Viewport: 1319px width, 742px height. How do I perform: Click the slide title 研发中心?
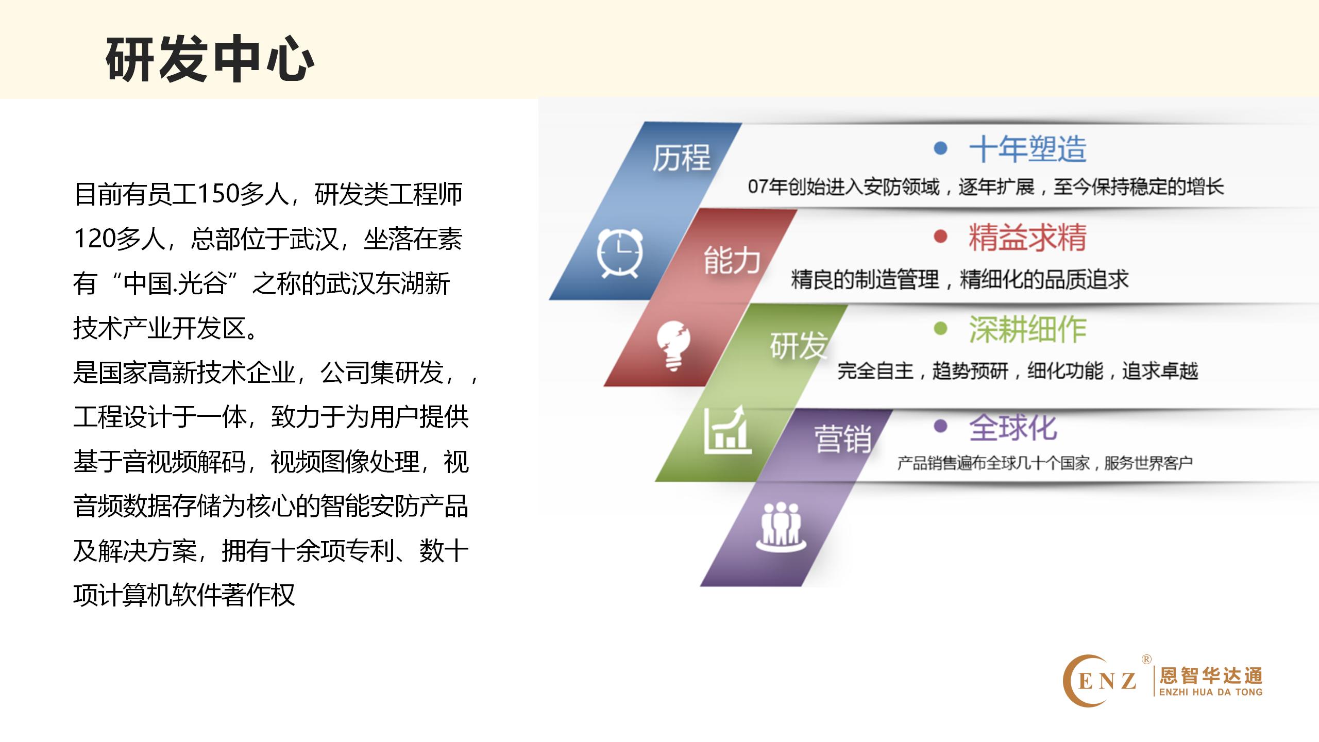[x=210, y=59]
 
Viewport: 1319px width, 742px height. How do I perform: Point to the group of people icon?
[x=781, y=525]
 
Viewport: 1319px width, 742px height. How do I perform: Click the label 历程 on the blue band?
[x=682, y=157]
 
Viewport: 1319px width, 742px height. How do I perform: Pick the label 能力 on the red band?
[x=732, y=260]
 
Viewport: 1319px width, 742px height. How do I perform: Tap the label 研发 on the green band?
[x=799, y=345]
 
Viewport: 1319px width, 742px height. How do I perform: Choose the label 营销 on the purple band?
[x=843, y=440]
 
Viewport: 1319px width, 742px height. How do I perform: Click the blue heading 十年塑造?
[x=1027, y=149]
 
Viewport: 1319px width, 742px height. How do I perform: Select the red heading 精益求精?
[x=1027, y=238]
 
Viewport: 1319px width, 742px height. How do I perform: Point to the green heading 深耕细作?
[x=1027, y=329]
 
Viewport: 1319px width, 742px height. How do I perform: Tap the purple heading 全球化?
[x=1013, y=427]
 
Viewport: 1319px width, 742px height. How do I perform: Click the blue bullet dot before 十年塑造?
[x=941, y=148]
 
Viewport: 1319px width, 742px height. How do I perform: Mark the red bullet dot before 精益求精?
[x=941, y=237]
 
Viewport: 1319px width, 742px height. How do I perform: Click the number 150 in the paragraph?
[x=218, y=194]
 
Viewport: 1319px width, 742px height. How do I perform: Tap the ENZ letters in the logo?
[x=1107, y=681]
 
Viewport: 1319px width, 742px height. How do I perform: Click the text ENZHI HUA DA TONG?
[x=1211, y=692]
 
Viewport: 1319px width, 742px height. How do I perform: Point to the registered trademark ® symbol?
[x=1146, y=659]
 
